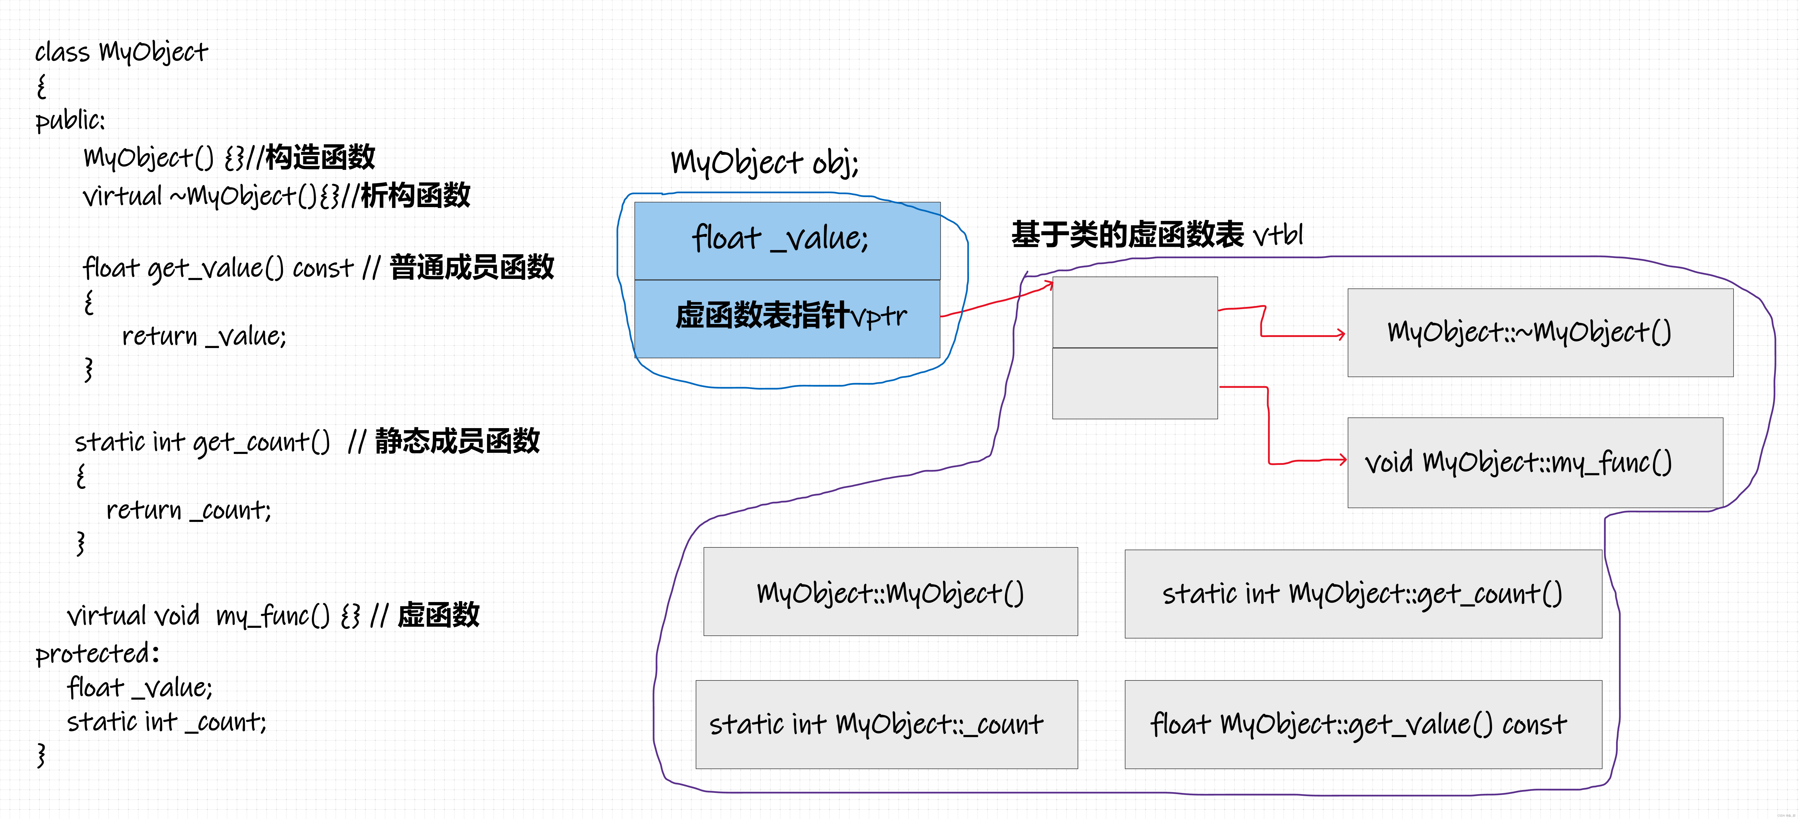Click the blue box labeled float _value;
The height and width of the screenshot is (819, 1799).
pyautogui.click(x=787, y=241)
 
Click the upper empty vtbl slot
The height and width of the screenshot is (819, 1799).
pyautogui.click(x=1135, y=312)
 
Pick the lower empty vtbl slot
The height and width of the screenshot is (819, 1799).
pyautogui.click(x=1135, y=383)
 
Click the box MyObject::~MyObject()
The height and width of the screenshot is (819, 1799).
pyautogui.click(x=1540, y=332)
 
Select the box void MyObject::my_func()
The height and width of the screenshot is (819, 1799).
pyautogui.click(x=1535, y=462)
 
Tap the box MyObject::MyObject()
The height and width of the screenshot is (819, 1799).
pyautogui.click(x=890, y=591)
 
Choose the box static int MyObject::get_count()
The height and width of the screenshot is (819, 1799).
pyautogui.click(x=1363, y=593)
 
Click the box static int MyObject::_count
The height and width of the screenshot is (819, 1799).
pyautogui.click(x=886, y=724)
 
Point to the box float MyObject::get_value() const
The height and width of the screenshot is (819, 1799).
pyautogui.click(x=1363, y=724)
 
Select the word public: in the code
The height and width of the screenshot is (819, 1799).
pyautogui.click(x=70, y=120)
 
